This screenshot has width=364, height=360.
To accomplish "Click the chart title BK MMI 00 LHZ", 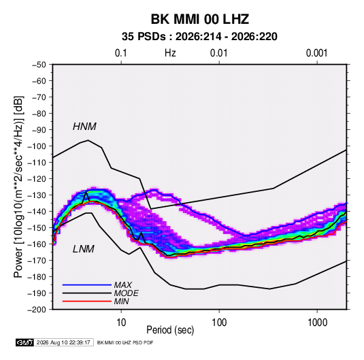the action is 200,19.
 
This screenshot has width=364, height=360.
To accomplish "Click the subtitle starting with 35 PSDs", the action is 199,37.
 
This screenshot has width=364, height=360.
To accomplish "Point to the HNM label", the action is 84,127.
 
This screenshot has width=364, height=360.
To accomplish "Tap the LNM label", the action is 84,249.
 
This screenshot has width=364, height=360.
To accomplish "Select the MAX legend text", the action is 123,284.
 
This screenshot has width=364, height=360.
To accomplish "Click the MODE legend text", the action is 127,293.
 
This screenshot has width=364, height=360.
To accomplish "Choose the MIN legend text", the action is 121,301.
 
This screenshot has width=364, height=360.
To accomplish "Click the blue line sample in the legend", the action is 87,284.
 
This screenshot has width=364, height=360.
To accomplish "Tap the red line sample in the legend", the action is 87,301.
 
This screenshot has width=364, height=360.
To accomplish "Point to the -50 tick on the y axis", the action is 39,65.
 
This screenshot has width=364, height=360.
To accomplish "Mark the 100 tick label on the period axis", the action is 219,323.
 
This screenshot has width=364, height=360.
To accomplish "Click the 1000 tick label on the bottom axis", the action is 317,323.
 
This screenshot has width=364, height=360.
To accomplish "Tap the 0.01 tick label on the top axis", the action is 218,53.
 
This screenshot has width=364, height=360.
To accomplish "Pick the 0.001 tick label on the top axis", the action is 316,53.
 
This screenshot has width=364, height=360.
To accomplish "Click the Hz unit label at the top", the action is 170,53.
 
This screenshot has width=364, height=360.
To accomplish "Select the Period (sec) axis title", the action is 170,330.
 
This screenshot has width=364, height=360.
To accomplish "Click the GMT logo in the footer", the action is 25,342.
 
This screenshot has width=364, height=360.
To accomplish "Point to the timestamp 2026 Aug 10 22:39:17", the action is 63,342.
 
